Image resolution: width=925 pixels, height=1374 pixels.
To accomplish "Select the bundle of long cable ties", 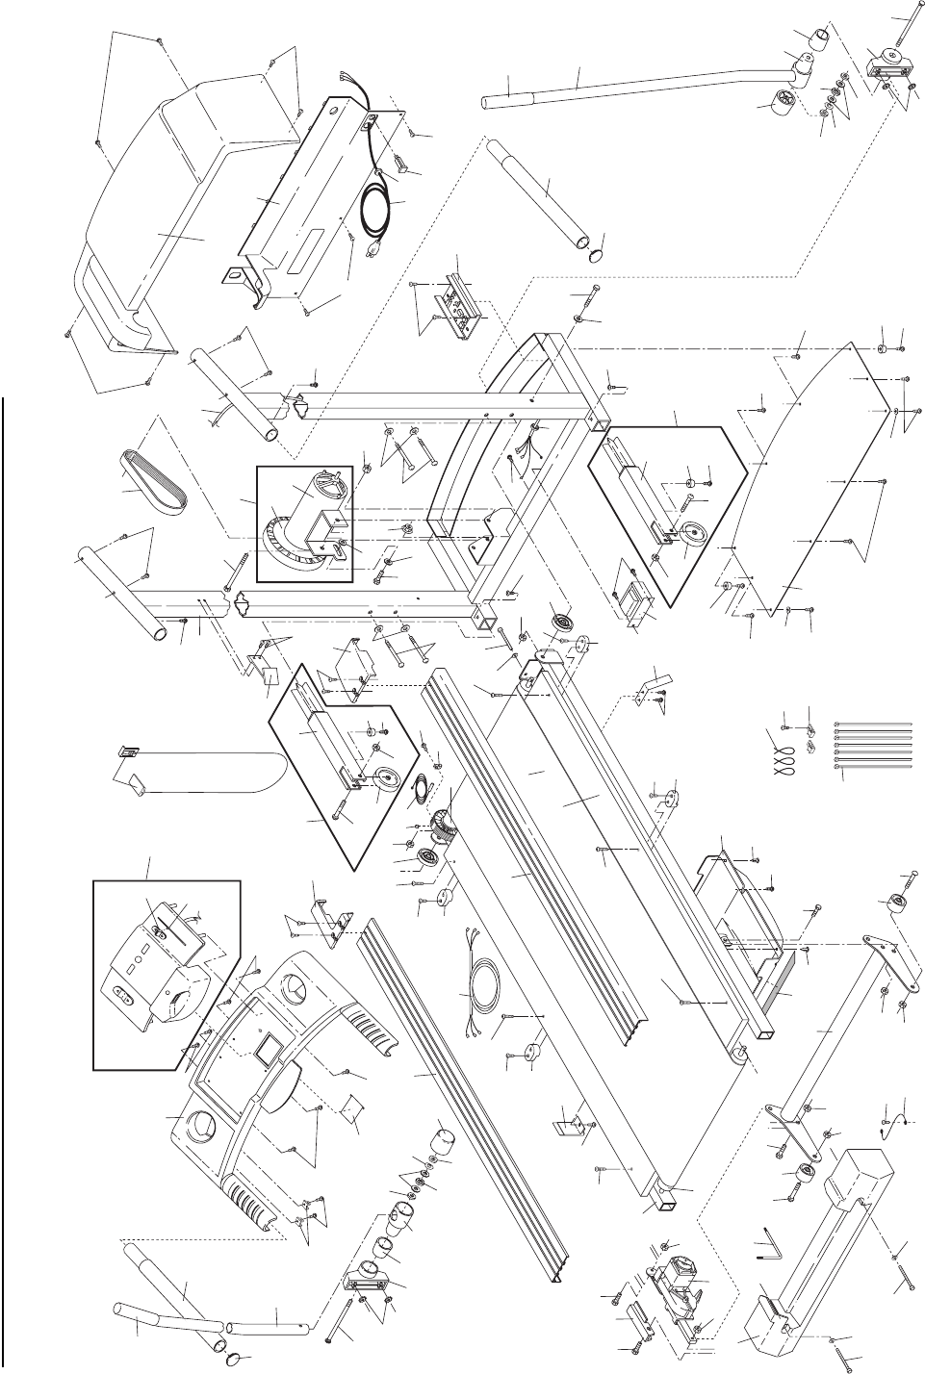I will point(872,746).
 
